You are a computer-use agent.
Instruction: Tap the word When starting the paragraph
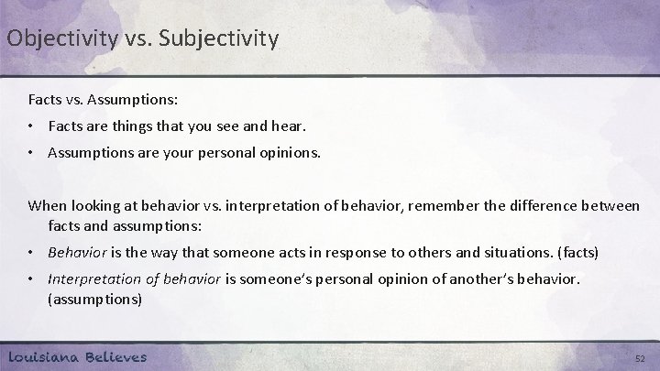[48, 206]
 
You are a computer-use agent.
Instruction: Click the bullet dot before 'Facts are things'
[33, 125]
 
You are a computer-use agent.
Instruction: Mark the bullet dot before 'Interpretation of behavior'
[33, 279]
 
